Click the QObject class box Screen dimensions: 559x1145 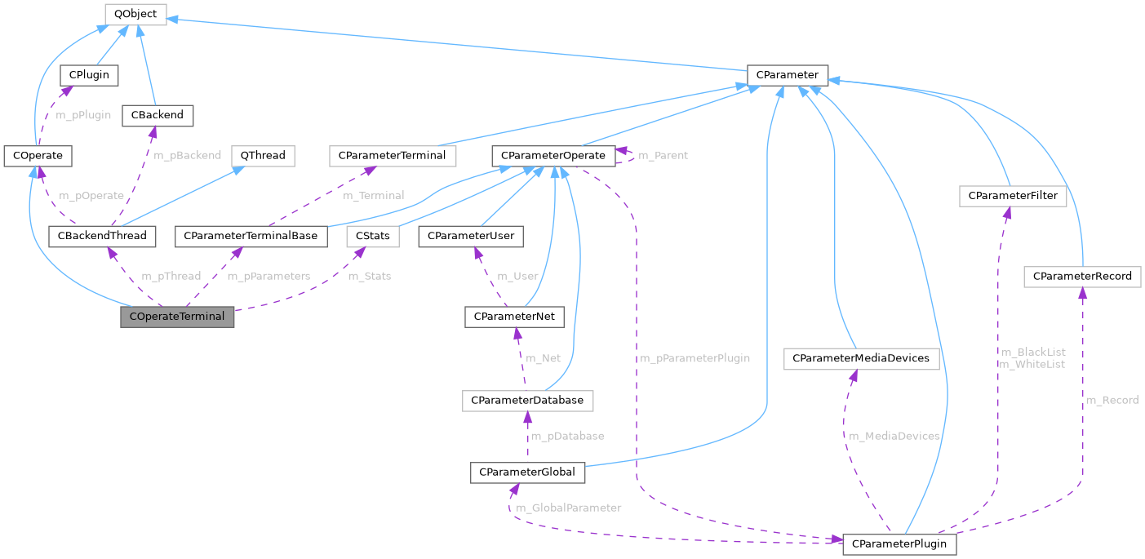click(135, 14)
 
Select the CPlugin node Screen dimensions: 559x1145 click(90, 75)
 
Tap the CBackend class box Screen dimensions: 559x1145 click(158, 115)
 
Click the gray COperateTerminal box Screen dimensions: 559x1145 click(177, 317)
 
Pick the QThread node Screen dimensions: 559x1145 click(262, 155)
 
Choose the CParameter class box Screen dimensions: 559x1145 click(788, 75)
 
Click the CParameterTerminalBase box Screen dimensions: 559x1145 click(251, 236)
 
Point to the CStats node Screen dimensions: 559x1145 click(373, 236)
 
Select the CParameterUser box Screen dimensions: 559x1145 click(471, 236)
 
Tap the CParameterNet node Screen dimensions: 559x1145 click(514, 317)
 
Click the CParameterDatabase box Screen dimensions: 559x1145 click(527, 401)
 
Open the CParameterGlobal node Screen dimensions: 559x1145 click(527, 472)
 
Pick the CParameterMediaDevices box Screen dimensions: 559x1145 click(862, 358)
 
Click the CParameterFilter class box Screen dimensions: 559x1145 click(1013, 196)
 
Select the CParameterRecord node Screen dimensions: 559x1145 click(1082, 277)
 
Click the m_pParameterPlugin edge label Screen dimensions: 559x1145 click(695, 358)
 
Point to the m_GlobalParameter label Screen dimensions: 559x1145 click(568, 508)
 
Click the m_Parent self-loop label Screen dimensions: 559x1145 click(662, 155)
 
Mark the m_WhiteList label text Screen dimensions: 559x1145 click(1032, 364)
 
